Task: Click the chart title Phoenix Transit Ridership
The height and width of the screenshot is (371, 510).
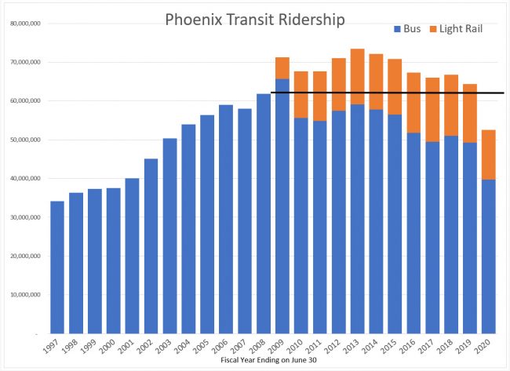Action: coord(254,20)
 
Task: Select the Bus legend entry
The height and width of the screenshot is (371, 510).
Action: coord(406,29)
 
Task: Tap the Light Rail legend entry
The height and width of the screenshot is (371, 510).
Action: coord(454,29)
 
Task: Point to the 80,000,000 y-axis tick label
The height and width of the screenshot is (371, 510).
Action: coord(25,24)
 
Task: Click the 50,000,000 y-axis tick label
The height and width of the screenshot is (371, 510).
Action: coord(25,140)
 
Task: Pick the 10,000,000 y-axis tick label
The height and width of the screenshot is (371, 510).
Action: coord(25,295)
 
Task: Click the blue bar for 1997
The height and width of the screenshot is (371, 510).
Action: coord(57,267)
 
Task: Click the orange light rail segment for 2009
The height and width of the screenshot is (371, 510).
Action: coord(282,68)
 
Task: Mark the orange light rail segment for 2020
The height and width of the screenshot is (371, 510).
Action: coord(488,155)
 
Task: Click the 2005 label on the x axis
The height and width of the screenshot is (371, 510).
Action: coord(205,346)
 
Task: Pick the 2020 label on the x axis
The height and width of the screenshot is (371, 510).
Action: coord(486,346)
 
